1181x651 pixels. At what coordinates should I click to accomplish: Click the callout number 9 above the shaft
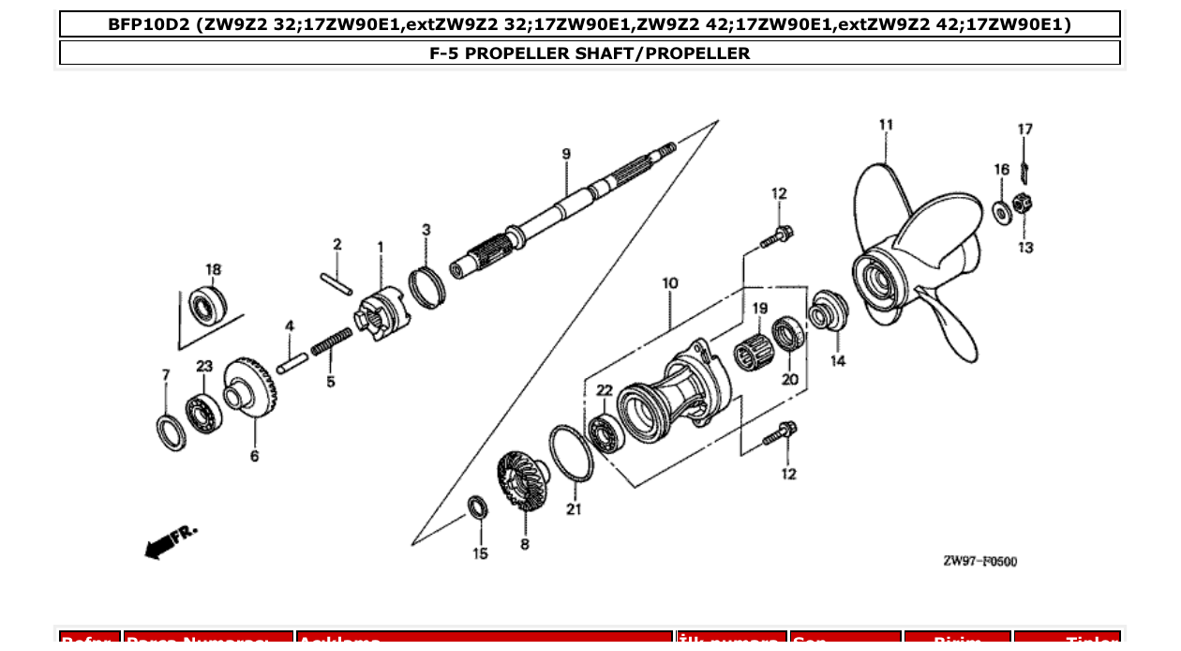(x=566, y=154)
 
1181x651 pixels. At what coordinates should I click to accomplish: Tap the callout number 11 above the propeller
(x=886, y=125)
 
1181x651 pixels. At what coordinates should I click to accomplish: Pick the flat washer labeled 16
(x=1001, y=211)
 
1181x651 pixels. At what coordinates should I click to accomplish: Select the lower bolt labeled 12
(x=780, y=433)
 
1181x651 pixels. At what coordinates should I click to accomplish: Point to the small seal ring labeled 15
(x=478, y=509)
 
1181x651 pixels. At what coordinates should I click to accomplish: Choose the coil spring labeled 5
(x=331, y=341)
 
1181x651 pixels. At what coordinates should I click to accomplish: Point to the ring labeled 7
(x=171, y=431)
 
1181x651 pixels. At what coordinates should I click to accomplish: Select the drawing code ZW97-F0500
(x=979, y=561)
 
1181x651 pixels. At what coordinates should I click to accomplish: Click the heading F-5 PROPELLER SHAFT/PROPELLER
(x=590, y=53)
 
